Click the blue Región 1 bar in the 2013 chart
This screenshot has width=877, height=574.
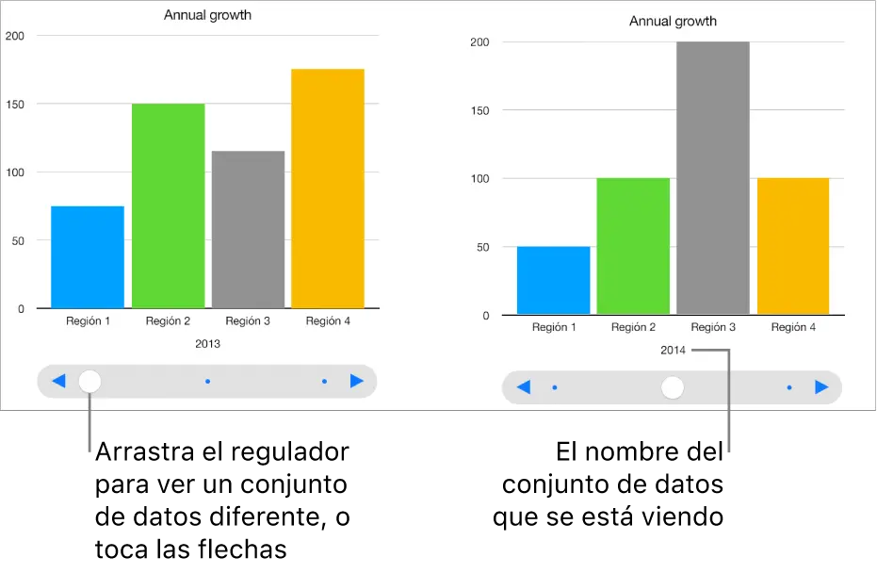[88, 256]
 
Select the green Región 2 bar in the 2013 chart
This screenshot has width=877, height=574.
[168, 205]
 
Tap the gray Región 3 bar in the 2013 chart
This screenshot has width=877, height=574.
[248, 229]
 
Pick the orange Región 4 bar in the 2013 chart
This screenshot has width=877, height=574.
[328, 189]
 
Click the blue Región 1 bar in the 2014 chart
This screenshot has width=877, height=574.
[554, 280]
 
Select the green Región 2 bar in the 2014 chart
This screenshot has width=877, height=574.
[633, 246]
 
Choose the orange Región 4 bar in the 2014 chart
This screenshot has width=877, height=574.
[793, 246]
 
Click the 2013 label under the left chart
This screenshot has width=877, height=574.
[207, 344]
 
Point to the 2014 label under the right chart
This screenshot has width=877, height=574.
[673, 351]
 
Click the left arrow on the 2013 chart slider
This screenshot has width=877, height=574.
[58, 382]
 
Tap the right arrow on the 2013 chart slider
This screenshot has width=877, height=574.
[356, 382]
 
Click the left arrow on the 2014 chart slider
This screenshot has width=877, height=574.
[524, 387]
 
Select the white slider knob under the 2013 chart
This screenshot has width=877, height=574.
[89, 382]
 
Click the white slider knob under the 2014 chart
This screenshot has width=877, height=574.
[673, 387]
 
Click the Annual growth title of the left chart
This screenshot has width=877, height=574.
[207, 15]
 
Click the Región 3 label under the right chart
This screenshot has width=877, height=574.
[713, 328]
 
